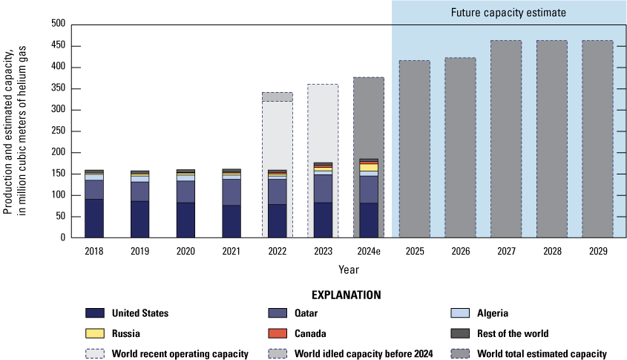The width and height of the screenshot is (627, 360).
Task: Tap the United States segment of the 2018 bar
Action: (94, 218)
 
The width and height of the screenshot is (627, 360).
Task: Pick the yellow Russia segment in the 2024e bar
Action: (368, 168)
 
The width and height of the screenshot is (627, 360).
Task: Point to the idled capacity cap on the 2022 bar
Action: (277, 96)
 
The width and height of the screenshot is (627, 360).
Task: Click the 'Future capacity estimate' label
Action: (508, 13)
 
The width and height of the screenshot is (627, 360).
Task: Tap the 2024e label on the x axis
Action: (368, 252)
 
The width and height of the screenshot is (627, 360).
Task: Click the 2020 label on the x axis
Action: (186, 252)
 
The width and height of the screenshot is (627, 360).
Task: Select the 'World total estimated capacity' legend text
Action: (544, 354)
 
